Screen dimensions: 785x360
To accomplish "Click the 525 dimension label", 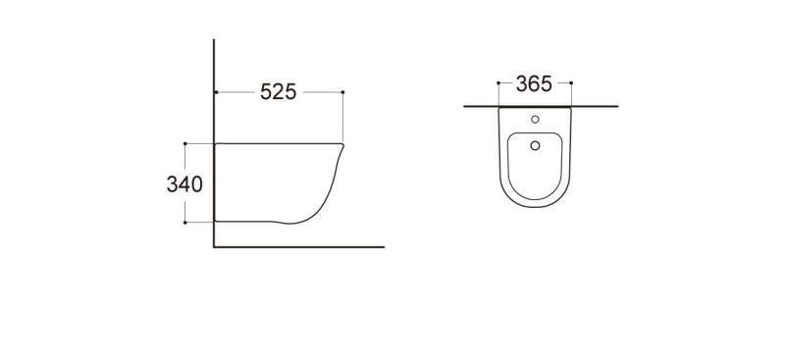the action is tap(279, 92).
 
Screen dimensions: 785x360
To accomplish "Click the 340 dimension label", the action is tap(184, 184).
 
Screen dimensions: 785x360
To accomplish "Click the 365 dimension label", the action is tap(534, 83).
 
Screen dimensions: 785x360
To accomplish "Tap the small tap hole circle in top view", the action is tap(535, 119).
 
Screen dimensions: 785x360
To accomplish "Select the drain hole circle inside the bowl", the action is tap(535, 145).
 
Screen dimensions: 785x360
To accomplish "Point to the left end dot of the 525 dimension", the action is tap(216, 92).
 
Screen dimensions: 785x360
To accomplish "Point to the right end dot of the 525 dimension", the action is tap(342, 92).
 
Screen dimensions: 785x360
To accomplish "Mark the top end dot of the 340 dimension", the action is tap(185, 143).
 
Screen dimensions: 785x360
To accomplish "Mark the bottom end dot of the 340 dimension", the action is tap(185, 223).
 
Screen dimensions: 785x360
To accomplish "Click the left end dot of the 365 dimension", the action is tap(498, 82).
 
